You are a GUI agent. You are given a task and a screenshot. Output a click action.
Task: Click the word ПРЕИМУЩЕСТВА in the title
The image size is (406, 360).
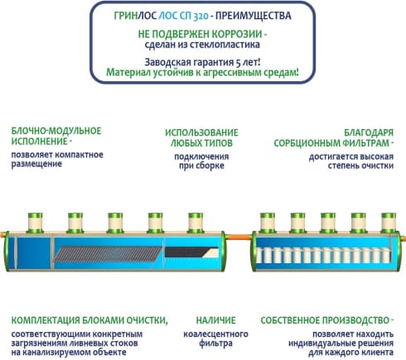point(253,16)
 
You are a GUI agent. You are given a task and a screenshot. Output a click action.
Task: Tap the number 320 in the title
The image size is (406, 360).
point(201,17)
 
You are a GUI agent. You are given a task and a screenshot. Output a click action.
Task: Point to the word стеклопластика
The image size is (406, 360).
point(226,45)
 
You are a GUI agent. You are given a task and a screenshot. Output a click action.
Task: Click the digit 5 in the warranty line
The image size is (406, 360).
point(238,63)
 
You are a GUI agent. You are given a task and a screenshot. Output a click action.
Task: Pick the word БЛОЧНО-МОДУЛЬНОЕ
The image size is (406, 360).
point(56,131)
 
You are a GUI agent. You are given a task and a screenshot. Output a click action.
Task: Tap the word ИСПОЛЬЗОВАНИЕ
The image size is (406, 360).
point(201,132)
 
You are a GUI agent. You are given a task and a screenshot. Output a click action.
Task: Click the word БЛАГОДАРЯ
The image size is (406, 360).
point(369,132)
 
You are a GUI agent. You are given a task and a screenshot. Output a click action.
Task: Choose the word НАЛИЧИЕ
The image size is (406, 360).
point(216,320)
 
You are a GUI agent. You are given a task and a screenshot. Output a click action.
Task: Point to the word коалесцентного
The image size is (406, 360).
point(215,334)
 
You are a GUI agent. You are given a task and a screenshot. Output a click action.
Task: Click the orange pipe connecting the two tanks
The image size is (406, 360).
point(239,237)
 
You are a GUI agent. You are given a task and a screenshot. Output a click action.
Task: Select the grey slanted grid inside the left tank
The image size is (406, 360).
point(108,254)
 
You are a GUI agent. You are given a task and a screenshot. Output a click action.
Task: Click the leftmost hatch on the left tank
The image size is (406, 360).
point(35,223)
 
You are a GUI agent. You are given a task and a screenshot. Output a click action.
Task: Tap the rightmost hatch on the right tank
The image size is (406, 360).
point(389,223)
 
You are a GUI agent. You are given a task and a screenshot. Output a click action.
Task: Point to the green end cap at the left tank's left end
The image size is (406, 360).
point(6,251)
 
